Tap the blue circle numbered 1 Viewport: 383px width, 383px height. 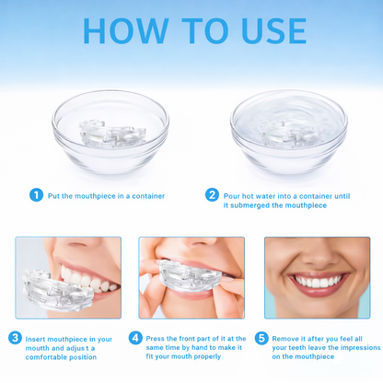tap(37, 194)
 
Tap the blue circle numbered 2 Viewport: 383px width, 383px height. tap(213, 194)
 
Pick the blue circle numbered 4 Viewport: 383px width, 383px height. tap(136, 338)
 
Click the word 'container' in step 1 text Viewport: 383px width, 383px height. tap(146, 195)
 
